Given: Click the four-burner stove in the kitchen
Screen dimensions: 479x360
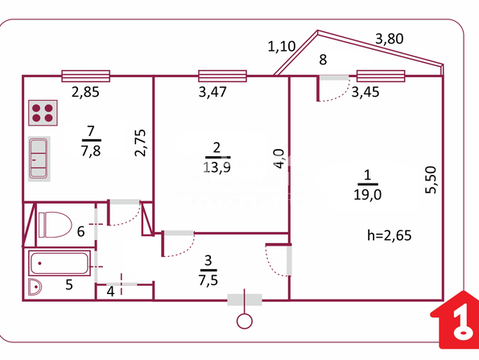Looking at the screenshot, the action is (x=43, y=113).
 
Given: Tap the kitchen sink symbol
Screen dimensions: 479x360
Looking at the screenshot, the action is (x=39, y=159).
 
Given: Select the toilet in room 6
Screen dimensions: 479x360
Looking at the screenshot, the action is (x=55, y=225).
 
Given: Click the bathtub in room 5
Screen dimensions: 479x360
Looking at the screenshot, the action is (x=60, y=263).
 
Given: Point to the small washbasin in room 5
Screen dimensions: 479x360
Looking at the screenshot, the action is (x=35, y=287).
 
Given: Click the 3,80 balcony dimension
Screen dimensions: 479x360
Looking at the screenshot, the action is (x=389, y=39).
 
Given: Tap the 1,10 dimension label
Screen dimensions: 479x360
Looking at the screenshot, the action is (x=281, y=47).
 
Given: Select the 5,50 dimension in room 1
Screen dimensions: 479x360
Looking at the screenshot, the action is (x=431, y=180).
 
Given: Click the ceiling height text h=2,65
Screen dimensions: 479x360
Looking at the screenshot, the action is (x=389, y=235).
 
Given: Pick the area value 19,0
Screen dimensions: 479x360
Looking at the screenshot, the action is (x=367, y=194).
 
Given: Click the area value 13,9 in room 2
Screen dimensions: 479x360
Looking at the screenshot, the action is (x=217, y=168).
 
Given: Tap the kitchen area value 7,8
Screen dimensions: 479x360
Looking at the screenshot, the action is (x=91, y=151).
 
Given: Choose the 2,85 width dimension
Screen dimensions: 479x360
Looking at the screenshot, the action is (x=85, y=92).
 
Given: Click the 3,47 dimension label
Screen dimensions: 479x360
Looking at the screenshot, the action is (x=213, y=92).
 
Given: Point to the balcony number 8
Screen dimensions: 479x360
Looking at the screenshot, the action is (x=323, y=60).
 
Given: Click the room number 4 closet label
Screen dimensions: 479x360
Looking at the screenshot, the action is (x=110, y=292).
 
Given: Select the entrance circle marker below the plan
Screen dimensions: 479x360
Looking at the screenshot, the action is (x=245, y=321).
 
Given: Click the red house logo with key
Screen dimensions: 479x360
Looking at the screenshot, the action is (x=455, y=320).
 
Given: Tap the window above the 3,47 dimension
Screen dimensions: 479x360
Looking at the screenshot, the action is (x=222, y=76).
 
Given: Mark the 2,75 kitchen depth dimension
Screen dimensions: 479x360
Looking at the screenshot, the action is (x=141, y=143).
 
